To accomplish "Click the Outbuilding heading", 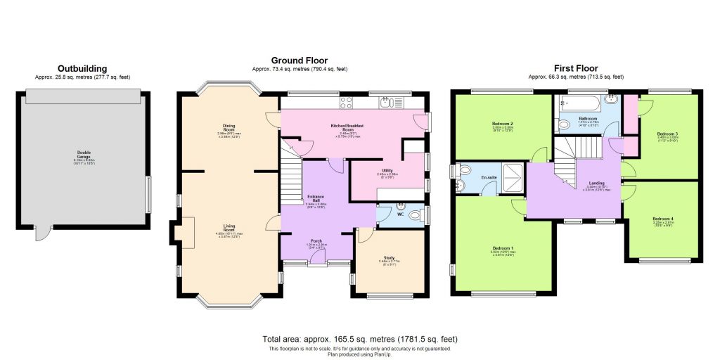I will pos(83,69).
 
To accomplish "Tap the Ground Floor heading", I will pos(300,61).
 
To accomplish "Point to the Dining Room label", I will pos(229,127).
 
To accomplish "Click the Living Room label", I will pos(229,228).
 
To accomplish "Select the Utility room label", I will pos(387,170).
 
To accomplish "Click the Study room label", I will pos(390,258).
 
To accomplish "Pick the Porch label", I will pos(316,241).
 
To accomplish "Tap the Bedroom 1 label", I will pos(503,249).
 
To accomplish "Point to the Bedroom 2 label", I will pos(501,123).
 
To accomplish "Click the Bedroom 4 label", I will pos(663,219).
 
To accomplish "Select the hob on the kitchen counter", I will pos(347,103).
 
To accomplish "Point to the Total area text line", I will pos(359,339).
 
